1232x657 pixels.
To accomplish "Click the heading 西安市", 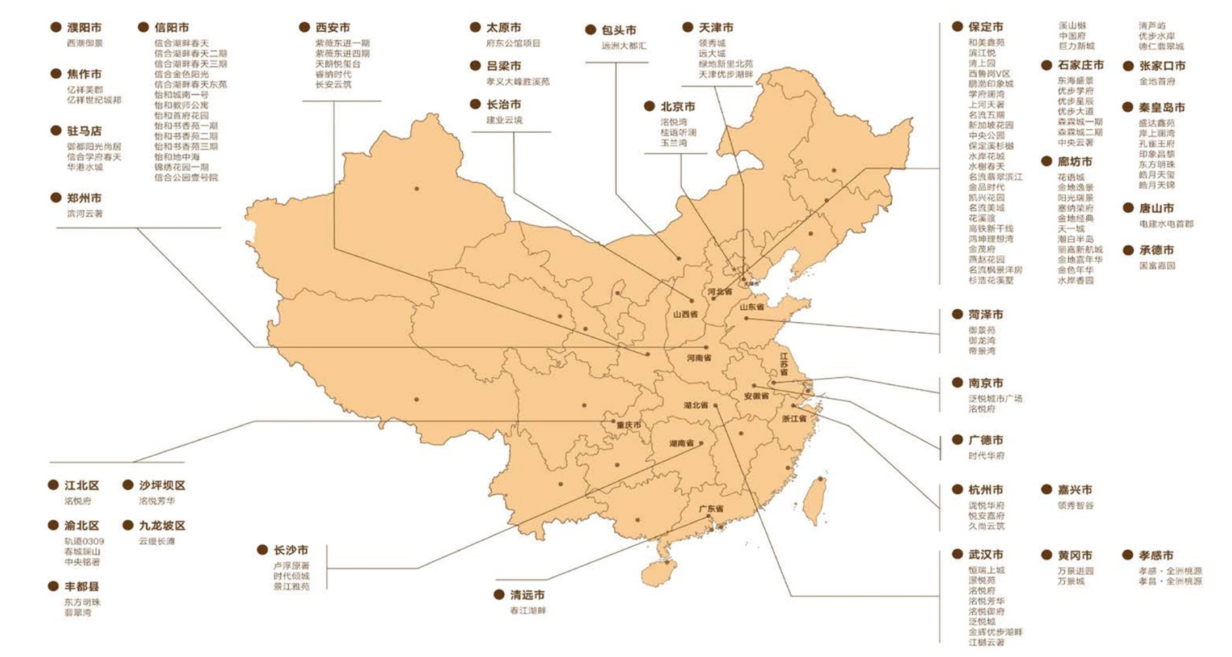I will pos(332,27).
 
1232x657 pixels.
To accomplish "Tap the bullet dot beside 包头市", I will pos(590,30).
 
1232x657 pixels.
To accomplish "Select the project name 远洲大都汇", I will pos(623,46).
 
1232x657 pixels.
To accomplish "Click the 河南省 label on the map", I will pos(699,358).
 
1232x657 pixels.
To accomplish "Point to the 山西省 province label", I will pos(685,314).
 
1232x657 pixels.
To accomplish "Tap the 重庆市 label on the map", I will pos(629,425).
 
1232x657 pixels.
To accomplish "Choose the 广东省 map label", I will pos(711,509).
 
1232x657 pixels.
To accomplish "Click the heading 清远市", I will pos(527,595).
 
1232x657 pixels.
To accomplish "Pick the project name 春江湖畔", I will pos(528,611).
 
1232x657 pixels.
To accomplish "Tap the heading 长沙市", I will pos(291,550).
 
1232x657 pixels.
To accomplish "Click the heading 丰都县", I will pos(82,586).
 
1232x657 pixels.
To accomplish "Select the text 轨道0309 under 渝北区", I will pos(84,541).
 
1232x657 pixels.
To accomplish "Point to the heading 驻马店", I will pos(85,131).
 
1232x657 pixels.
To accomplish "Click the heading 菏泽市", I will pos(985,314).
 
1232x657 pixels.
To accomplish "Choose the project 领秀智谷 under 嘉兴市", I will pos(1075,506).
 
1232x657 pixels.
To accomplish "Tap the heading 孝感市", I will pos(1155,555).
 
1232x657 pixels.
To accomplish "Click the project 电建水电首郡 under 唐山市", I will pos(1166,224).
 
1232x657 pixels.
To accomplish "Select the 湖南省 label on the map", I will pos(681,443).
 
